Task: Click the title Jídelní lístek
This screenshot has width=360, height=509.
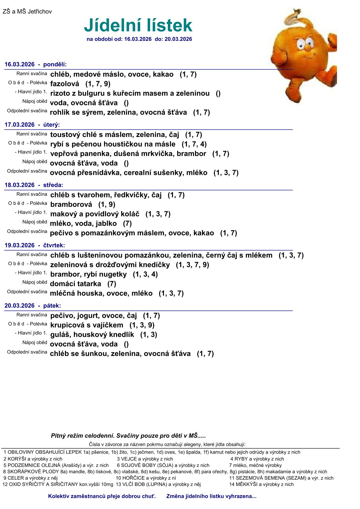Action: coord(138,25)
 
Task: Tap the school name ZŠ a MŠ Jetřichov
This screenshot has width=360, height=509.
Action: coord(27,11)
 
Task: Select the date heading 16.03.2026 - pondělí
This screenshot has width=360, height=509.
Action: coord(35,64)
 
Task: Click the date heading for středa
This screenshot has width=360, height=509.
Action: coord(34,185)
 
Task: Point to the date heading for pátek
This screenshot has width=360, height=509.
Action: coord(33,306)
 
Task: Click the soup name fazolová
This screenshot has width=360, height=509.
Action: coord(64,84)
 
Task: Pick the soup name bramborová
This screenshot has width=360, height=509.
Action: coord(71,204)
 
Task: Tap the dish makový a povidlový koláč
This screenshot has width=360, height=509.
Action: coord(95,214)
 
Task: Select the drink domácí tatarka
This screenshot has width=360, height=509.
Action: coord(75,284)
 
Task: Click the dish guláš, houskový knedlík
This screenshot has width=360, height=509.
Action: coord(92,335)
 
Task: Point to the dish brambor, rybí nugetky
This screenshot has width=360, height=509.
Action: coord(88,274)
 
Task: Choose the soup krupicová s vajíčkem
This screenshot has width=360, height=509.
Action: coord(87,325)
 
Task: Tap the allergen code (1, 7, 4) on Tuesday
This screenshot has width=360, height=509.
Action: coord(194,144)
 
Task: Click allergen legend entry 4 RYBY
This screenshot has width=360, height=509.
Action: coord(257,459)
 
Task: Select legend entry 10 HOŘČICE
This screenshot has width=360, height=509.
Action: coord(146,478)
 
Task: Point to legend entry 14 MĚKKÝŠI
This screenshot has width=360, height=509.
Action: coord(261,484)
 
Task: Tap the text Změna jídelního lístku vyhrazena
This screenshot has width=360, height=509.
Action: coord(211,496)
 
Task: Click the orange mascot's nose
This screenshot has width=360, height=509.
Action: coord(307,48)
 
